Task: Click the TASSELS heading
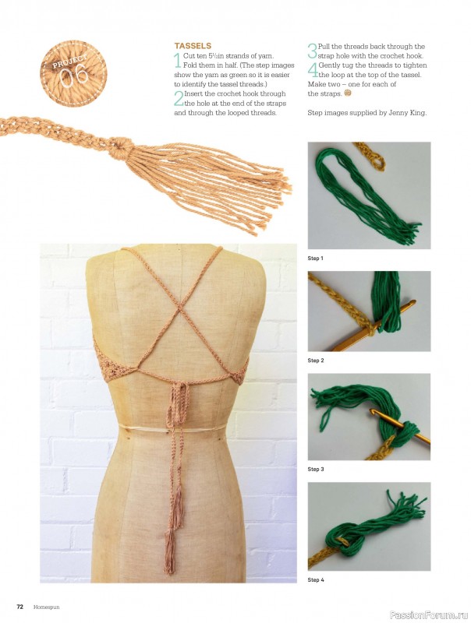coord(193,46)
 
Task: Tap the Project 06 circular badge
coord(74,73)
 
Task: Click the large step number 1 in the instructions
coord(178,61)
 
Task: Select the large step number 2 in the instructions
coord(179,99)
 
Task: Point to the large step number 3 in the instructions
coord(312,51)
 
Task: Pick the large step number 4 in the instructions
coord(313,70)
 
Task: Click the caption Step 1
coord(316,259)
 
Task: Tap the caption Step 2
coord(316,361)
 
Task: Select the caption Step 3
coord(316,470)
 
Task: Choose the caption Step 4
coord(316,579)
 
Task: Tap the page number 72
coord(20,607)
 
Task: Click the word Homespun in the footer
coord(47,607)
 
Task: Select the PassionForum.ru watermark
coord(429,614)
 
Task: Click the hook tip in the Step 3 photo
coord(374,413)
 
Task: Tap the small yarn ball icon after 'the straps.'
coord(348,93)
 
